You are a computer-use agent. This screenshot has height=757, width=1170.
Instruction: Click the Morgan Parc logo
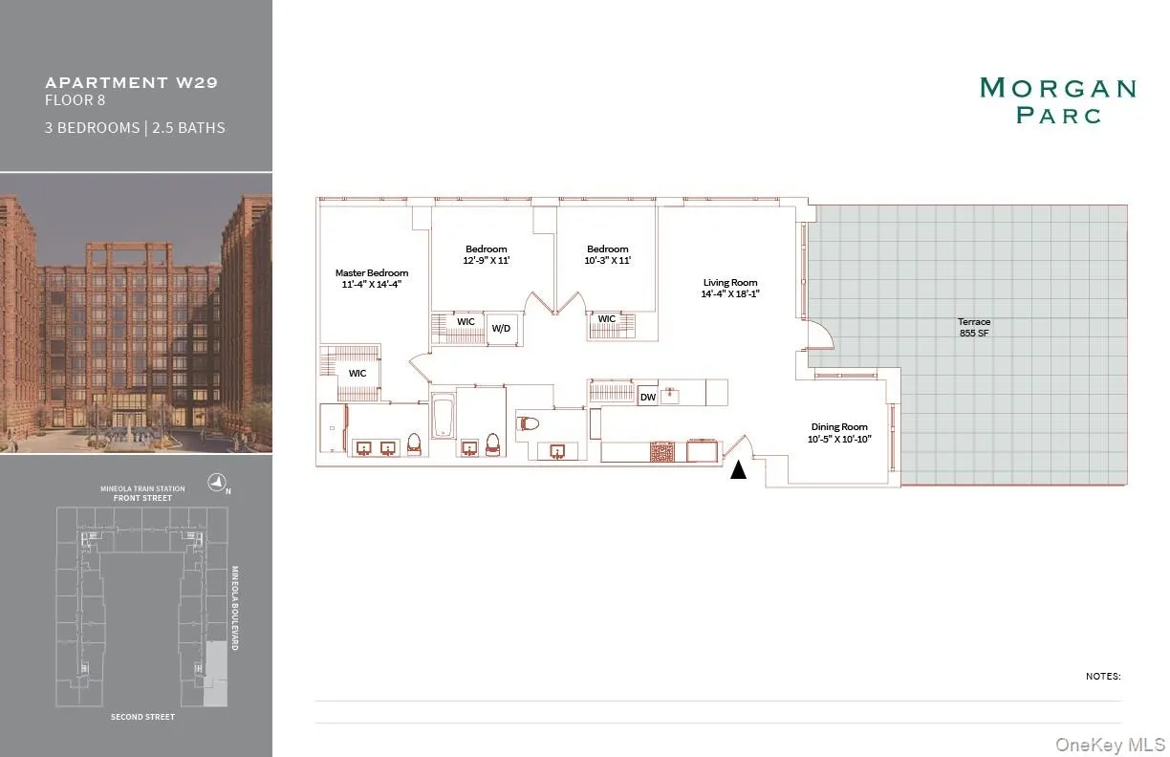pyautogui.click(x=1057, y=100)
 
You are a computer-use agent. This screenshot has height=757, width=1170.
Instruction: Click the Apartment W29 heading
pyautogui.click(x=131, y=82)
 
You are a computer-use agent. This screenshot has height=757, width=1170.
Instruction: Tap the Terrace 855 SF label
pyautogui.click(x=974, y=329)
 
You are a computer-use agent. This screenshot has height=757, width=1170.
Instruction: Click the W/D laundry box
pyautogui.click(x=502, y=328)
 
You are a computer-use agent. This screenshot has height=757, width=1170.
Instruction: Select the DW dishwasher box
pyautogui.click(x=647, y=397)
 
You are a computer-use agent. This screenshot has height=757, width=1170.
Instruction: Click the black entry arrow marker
pyautogui.click(x=738, y=469)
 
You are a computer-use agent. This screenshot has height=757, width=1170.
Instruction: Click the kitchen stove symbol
pyautogui.click(x=662, y=451)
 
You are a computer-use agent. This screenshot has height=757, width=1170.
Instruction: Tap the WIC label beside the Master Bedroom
pyautogui.click(x=357, y=373)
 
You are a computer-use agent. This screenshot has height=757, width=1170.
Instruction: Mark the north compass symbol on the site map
pyautogui.click(x=218, y=485)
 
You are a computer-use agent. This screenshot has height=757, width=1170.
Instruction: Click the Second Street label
pyautogui.click(x=142, y=717)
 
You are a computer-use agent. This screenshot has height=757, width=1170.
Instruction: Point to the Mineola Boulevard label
pyautogui.click(x=234, y=608)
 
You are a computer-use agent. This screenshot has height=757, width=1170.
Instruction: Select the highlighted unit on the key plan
pyautogui.click(x=216, y=674)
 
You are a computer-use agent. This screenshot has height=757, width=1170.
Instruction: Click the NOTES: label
pyautogui.click(x=1102, y=677)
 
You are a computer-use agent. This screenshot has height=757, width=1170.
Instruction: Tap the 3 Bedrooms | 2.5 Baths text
pyautogui.click(x=135, y=127)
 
